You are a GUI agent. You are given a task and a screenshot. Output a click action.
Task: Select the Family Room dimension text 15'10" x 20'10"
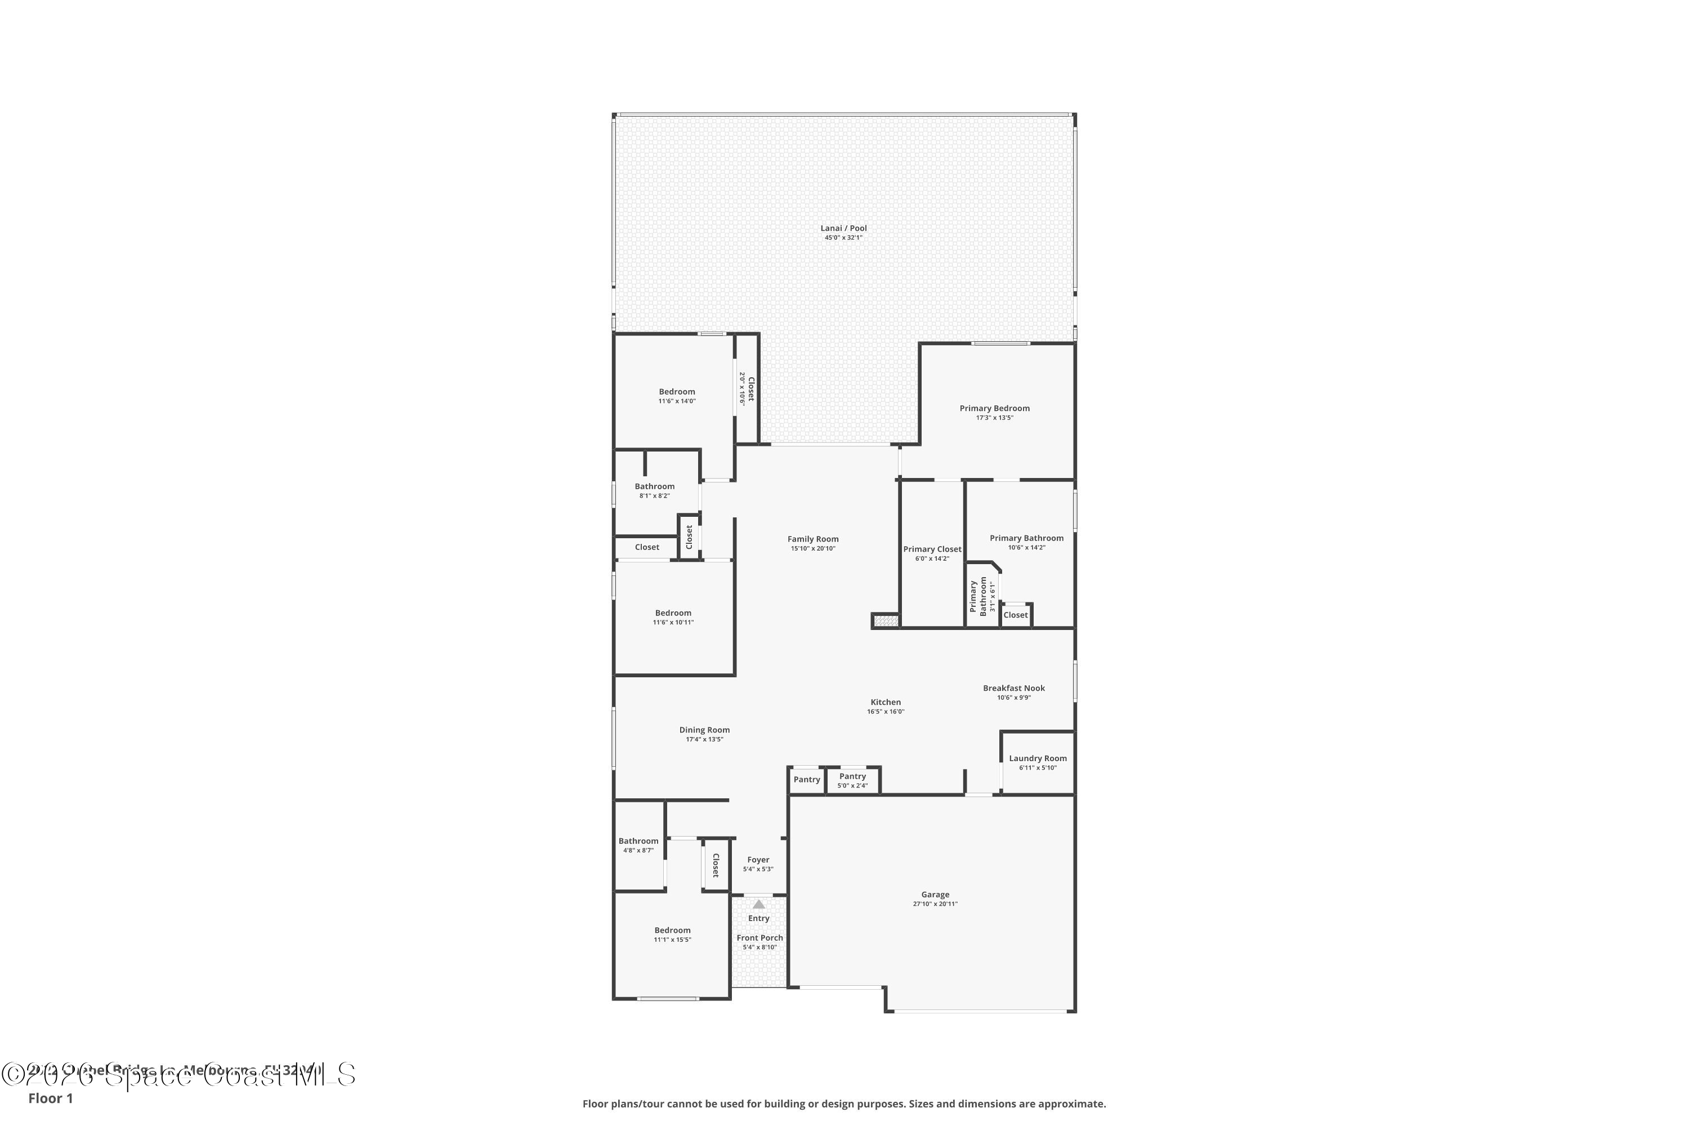(812, 548)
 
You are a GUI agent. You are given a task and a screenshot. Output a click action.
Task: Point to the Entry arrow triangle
(758, 905)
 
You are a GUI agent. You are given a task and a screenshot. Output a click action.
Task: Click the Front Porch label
(759, 938)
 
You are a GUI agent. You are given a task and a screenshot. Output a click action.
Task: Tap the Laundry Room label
(1037, 758)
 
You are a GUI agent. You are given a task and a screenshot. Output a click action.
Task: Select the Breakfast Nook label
(1013, 688)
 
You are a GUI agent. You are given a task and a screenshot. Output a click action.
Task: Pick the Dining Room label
(704, 730)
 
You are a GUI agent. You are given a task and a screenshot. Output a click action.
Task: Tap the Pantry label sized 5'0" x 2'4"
(852, 776)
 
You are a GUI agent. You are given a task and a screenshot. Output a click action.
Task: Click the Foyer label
(758, 860)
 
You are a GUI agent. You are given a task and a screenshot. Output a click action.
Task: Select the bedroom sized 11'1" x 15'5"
(672, 934)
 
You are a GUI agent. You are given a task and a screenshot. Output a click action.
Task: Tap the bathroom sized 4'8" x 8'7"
(638, 844)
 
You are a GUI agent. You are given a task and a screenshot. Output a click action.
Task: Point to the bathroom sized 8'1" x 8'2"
(654, 490)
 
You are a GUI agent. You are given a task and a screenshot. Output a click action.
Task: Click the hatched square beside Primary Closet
(886, 620)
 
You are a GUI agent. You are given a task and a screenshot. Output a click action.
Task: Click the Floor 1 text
(50, 1098)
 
